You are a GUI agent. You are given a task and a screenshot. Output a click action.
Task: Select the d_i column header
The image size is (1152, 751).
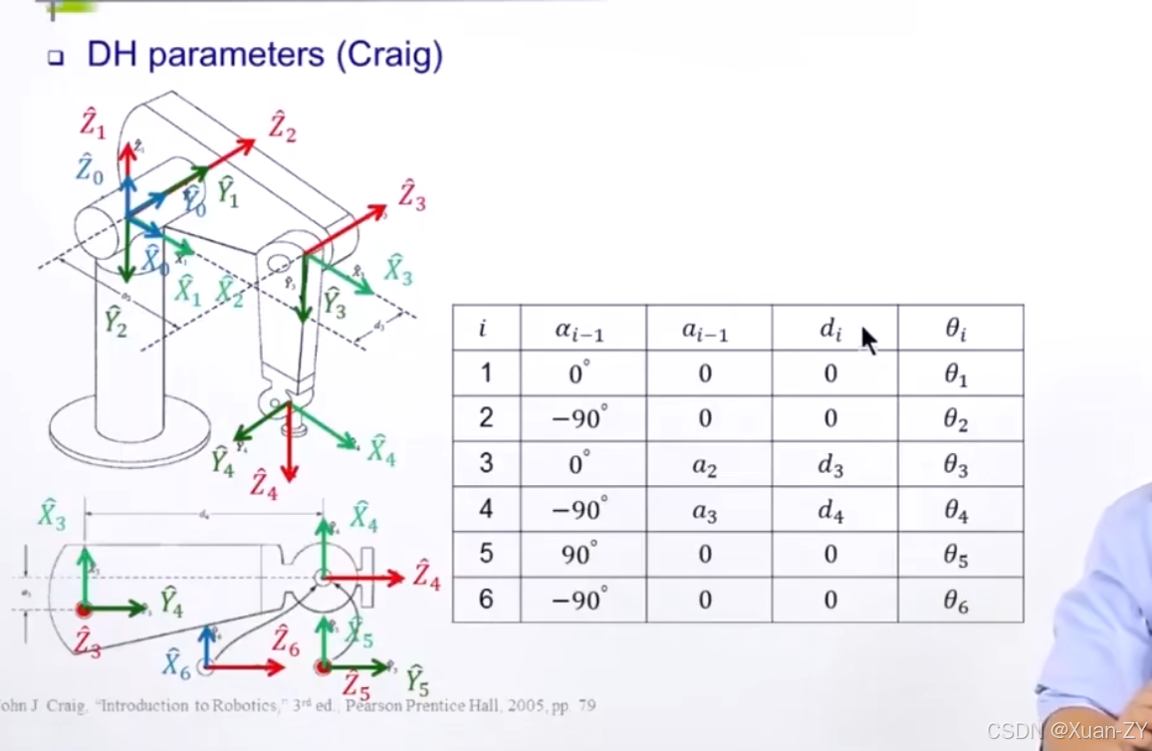[x=830, y=329]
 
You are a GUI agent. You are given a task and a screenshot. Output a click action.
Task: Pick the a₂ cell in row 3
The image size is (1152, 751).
[x=705, y=465]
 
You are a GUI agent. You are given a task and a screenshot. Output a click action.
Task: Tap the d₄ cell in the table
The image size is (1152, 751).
[x=830, y=511]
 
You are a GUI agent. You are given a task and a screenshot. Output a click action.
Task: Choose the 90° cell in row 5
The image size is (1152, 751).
[x=578, y=554]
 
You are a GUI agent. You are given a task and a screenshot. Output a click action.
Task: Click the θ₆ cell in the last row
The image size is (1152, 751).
[x=956, y=601]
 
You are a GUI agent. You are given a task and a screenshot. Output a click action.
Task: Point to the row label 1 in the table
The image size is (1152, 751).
[x=485, y=374]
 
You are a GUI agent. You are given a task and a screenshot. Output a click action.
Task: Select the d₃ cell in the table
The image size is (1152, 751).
[x=830, y=465]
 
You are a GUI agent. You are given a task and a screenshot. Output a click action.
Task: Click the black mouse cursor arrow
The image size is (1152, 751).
[x=868, y=341]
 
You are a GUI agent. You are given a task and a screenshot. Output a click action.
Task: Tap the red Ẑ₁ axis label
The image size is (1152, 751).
[x=93, y=124]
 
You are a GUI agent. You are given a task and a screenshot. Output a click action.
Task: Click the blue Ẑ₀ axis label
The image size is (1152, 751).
[x=90, y=169]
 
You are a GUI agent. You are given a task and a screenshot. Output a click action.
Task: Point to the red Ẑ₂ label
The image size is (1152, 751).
[x=282, y=127]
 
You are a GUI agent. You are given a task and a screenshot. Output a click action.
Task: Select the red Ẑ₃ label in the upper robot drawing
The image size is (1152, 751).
[x=411, y=194]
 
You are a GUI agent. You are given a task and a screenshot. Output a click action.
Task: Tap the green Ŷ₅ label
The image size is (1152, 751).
[x=416, y=680]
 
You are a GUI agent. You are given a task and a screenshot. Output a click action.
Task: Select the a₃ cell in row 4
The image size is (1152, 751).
[x=705, y=511]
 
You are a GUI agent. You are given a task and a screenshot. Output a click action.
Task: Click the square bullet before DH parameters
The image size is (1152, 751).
[x=56, y=58]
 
